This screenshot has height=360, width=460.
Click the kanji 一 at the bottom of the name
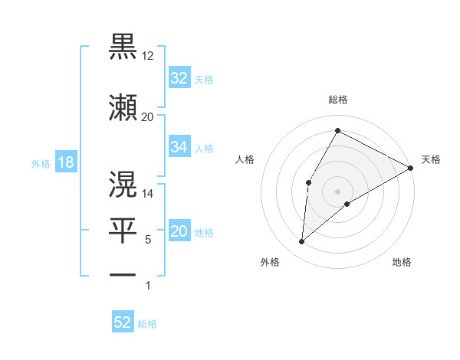point(123,274)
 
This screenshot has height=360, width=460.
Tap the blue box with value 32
point(179,77)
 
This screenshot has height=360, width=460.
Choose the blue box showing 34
point(179,147)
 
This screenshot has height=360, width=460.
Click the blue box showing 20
point(179,232)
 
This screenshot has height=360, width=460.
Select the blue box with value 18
point(65,162)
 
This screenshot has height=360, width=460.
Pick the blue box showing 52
point(123,322)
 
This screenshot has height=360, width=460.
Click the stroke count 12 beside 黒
point(148,57)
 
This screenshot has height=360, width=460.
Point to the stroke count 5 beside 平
point(148,240)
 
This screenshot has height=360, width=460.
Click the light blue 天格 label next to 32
point(204,79)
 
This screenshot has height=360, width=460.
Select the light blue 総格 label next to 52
point(147,324)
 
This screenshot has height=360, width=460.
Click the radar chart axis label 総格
point(337,100)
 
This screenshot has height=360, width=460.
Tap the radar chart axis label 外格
point(270,262)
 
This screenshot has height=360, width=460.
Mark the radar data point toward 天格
point(412,169)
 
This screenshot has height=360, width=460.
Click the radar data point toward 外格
point(301,242)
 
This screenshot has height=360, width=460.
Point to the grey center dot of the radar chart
point(337,191)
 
